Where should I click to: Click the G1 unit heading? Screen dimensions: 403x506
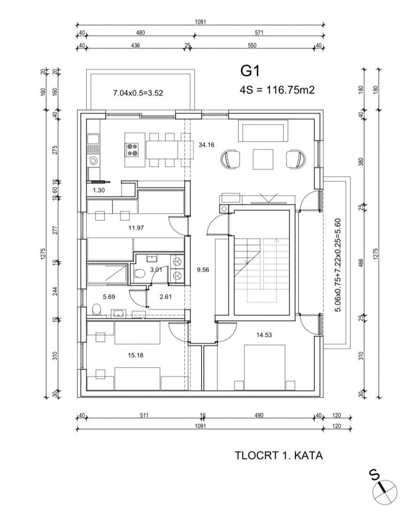(250, 71)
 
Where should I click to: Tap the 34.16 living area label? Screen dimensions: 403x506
(206, 145)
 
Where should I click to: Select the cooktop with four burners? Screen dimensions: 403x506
(133, 149)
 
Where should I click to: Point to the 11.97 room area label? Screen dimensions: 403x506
(136, 228)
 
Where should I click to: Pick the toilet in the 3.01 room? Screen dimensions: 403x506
(140, 274)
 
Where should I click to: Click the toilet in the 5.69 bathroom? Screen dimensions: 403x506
(96, 310)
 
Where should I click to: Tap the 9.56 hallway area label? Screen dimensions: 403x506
(203, 270)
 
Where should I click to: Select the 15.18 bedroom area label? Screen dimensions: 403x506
(135, 355)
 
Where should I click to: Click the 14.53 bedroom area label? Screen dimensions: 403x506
(264, 335)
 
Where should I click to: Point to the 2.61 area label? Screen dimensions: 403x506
(165, 297)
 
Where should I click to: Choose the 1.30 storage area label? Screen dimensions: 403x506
(99, 190)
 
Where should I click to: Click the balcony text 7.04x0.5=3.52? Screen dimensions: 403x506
(138, 93)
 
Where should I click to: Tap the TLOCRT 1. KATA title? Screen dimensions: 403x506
(278, 455)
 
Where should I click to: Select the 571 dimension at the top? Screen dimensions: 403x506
(259, 33)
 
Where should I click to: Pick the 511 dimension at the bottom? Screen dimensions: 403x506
(144, 415)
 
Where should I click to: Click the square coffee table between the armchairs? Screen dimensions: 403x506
(263, 159)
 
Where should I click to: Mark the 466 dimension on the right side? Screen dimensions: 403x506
(361, 263)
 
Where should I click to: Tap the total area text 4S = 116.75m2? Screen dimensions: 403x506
(277, 89)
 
